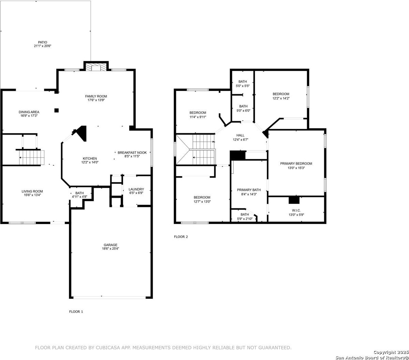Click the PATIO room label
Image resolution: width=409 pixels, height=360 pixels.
(x=42, y=42)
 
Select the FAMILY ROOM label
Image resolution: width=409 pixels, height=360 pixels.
(x=96, y=96)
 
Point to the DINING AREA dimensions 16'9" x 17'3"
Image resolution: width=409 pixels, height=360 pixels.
(x=29, y=116)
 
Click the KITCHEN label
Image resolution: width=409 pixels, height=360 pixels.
(x=90, y=158)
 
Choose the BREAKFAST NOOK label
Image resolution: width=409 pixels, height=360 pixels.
(x=132, y=152)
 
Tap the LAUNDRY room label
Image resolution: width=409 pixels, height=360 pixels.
(x=136, y=189)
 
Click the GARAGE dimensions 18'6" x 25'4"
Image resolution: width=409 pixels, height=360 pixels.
(x=111, y=249)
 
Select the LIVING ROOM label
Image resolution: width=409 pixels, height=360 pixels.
(x=32, y=191)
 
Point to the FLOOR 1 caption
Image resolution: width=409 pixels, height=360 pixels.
(x=76, y=311)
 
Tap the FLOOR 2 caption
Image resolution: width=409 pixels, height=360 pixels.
(x=181, y=237)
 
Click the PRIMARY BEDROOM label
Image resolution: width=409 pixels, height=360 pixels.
(x=296, y=164)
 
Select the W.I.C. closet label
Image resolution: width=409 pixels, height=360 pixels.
(x=296, y=210)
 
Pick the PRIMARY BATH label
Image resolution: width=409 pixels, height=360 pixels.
(x=249, y=190)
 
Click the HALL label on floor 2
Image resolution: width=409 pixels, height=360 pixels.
(x=241, y=135)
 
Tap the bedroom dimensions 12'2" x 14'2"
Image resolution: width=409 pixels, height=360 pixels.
(x=281, y=98)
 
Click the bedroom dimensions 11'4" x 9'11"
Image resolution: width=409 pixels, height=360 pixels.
(x=198, y=117)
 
